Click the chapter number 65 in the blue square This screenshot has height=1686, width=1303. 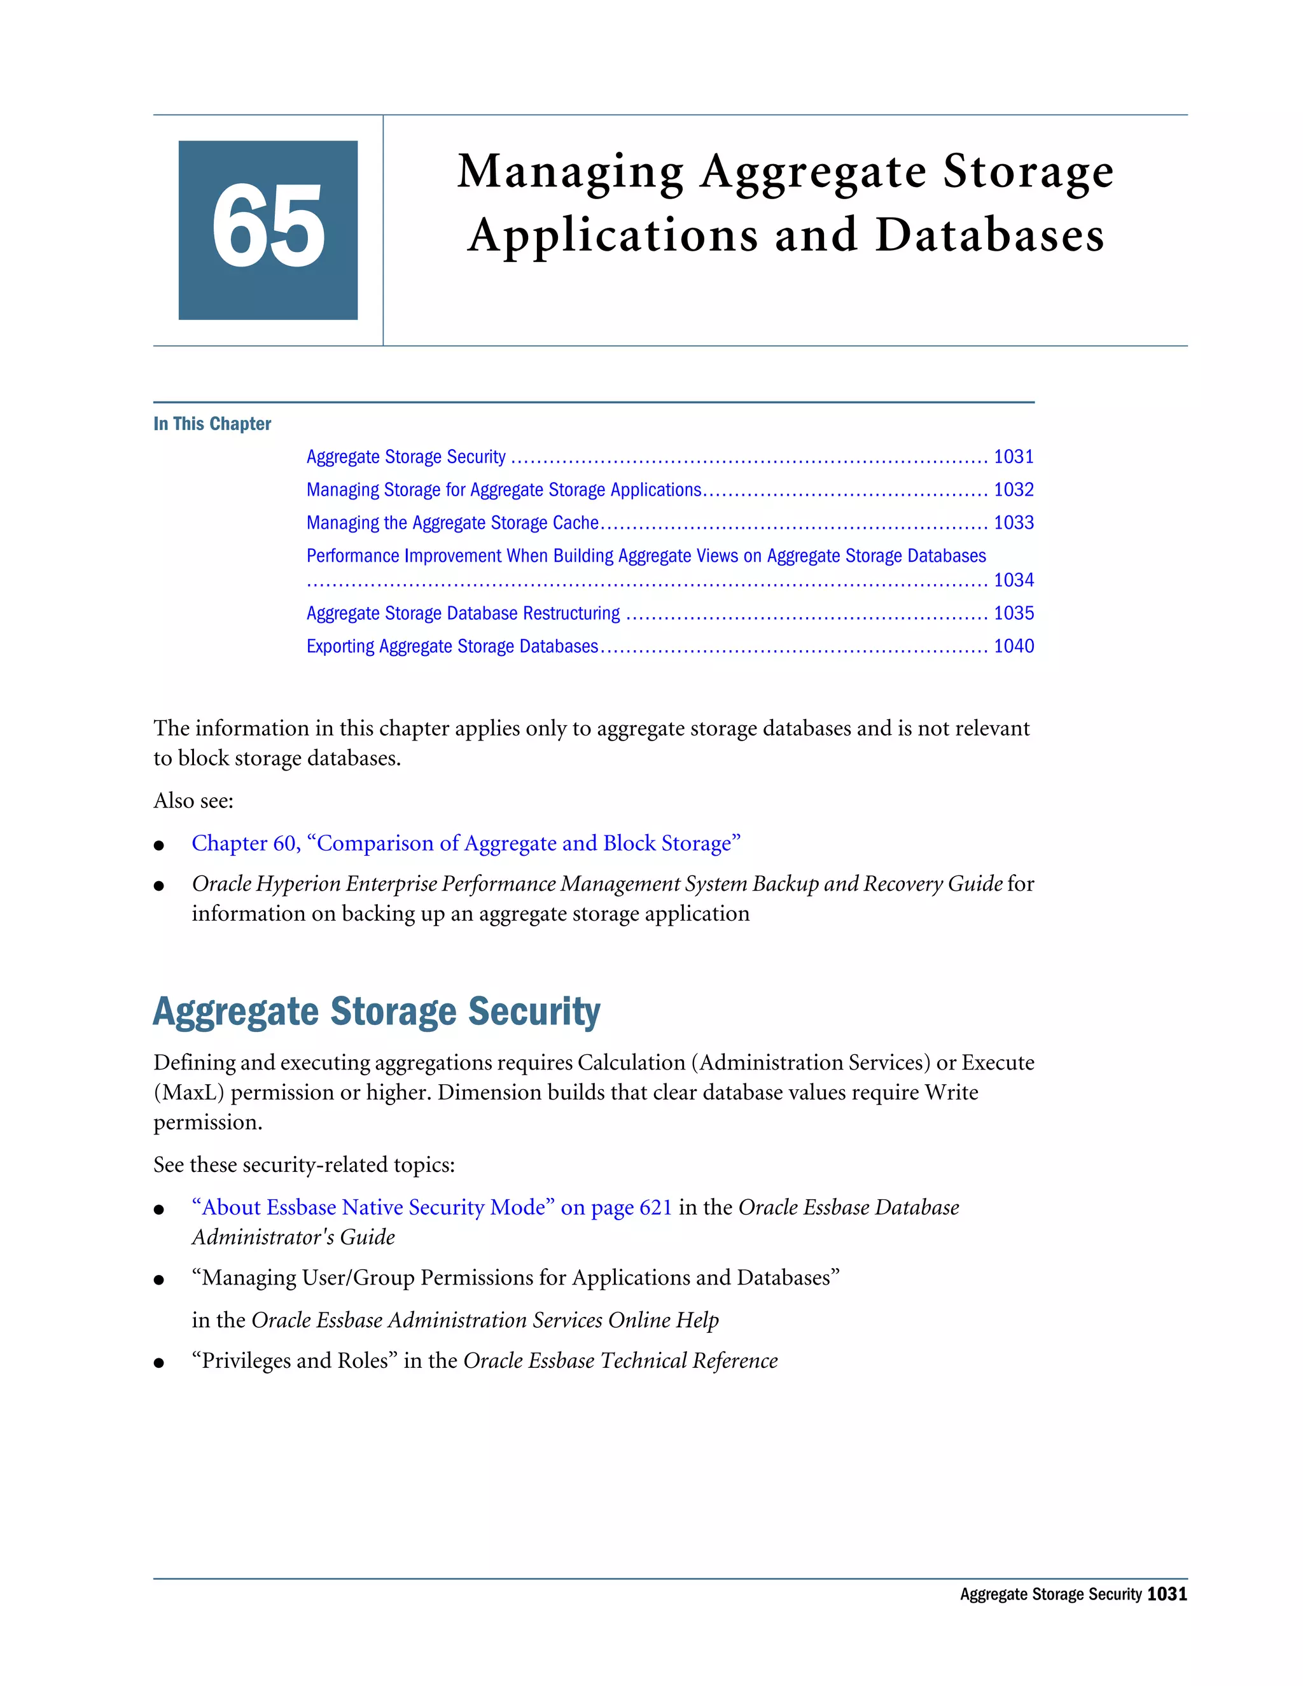pyautogui.click(x=268, y=228)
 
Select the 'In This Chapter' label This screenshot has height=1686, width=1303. pyautogui.click(x=213, y=424)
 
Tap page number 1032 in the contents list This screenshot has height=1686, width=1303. pyautogui.click(x=1013, y=489)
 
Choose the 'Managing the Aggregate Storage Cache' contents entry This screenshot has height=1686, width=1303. pyautogui.click(x=452, y=522)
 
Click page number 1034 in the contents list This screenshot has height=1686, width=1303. pyautogui.click(x=1013, y=580)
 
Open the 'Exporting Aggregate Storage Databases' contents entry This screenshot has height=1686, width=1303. pyautogui.click(x=452, y=646)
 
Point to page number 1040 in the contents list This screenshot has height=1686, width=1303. pyautogui.click(x=1013, y=646)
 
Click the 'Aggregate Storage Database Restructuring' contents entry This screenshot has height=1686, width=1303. pyautogui.click(x=463, y=613)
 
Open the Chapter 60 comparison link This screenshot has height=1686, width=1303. pyautogui.click(x=466, y=843)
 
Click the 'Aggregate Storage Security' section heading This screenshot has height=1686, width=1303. pyautogui.click(x=377, y=1012)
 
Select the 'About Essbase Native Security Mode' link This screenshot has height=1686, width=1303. pyautogui.click(x=431, y=1208)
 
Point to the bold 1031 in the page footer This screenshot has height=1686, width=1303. pyautogui.click(x=1166, y=1594)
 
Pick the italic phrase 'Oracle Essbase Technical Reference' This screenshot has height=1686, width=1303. pyautogui.click(x=620, y=1361)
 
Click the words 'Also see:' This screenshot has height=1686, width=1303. pyautogui.click(x=193, y=800)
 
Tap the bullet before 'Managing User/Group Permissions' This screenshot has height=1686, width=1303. pyautogui.click(x=159, y=1280)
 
